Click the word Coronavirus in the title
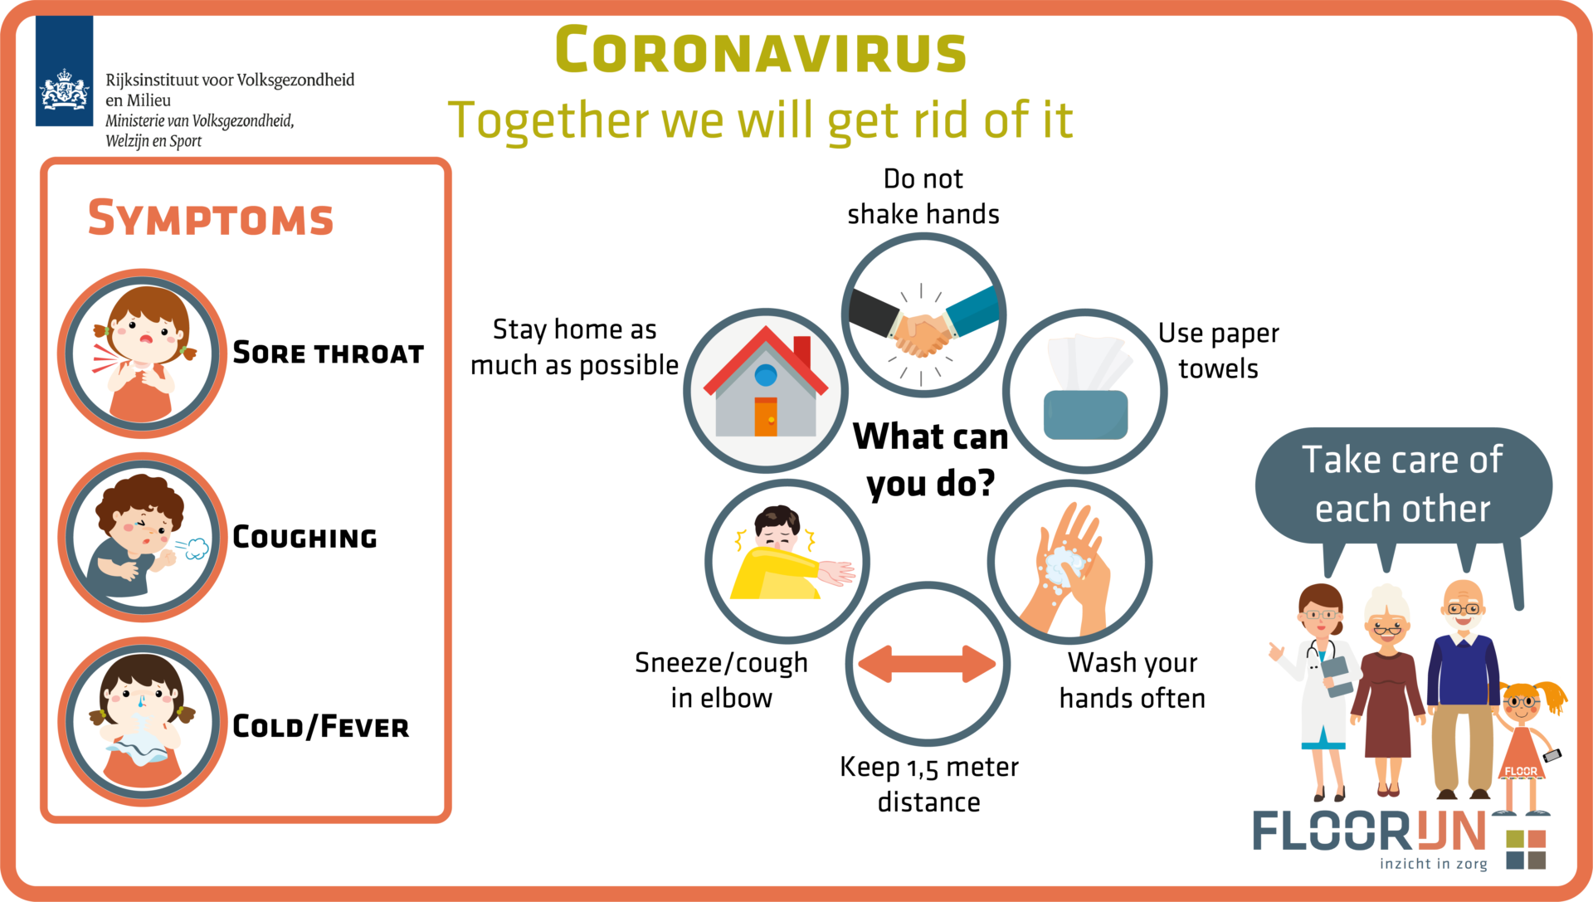coord(761,50)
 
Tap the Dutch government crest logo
coord(64,71)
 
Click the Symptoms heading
coord(211,217)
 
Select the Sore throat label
coord(328,353)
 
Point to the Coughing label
coord(304,537)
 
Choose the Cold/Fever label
coord(320,726)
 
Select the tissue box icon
coord(1086,387)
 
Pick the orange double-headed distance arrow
coord(928,664)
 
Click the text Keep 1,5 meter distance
coord(929,784)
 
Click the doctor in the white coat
coord(1319,689)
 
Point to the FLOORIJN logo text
coord(1369,831)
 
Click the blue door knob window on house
coord(766,375)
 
